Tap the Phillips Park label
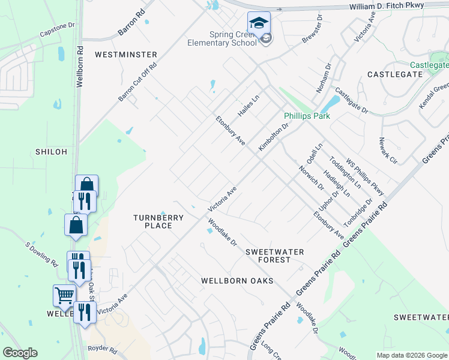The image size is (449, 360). tap(307, 116)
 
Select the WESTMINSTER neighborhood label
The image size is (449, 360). tap(126, 55)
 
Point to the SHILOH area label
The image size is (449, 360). tap(51, 152)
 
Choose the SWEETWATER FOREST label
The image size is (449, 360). tap(275, 256)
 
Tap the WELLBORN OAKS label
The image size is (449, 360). tap(237, 281)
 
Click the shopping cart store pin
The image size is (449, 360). tap(64, 295)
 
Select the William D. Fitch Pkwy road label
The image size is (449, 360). tap(387, 7)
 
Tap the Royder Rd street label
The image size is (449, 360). tap(102, 348)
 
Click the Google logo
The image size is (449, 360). tap(20, 353)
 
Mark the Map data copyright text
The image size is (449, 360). tap(412, 355)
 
